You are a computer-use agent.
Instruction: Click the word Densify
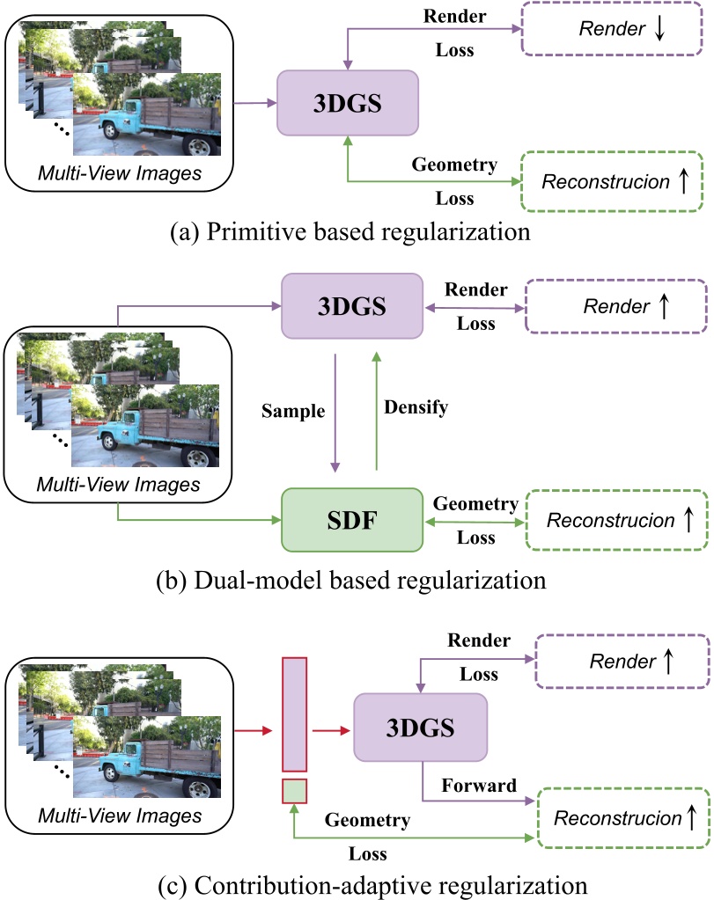pos(417,407)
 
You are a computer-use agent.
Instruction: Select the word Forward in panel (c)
pos(479,786)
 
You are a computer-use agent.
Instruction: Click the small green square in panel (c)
pos(293,791)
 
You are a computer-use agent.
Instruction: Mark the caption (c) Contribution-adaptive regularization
pos(357,881)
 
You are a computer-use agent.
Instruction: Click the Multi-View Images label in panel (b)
pos(119,484)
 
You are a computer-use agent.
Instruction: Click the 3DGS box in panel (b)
pos(351,304)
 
